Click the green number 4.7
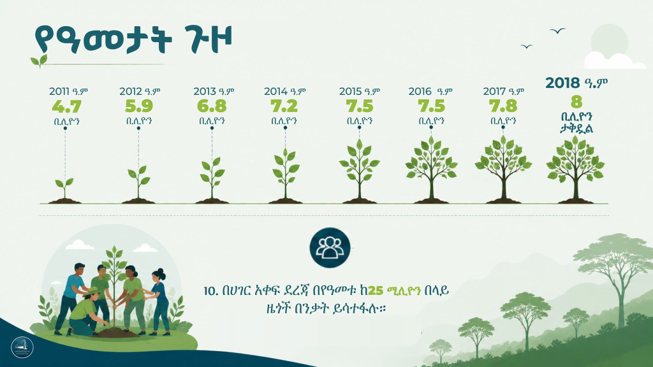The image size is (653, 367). pos(66,106)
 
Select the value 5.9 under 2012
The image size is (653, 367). pos(139,106)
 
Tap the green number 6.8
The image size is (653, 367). pos(212,106)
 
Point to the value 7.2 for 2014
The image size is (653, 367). pos(284,106)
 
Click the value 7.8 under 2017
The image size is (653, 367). pos(503,106)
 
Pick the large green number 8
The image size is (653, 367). pos(576,102)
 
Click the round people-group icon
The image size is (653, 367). pos(330,248)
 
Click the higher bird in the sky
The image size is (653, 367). pos(557,31)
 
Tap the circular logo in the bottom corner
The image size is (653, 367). pos(22,347)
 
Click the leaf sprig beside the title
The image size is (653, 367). pos(39,61)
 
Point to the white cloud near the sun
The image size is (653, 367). pos(614,61)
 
